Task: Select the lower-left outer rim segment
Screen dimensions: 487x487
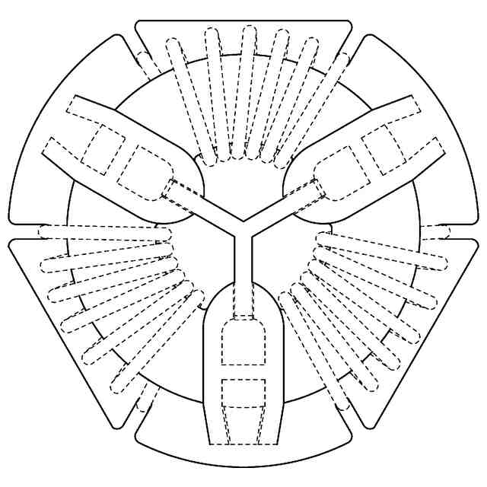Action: click(x=57, y=335)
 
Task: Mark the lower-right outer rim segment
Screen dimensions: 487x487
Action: click(x=430, y=335)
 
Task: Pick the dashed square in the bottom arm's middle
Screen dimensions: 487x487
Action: click(x=243, y=391)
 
